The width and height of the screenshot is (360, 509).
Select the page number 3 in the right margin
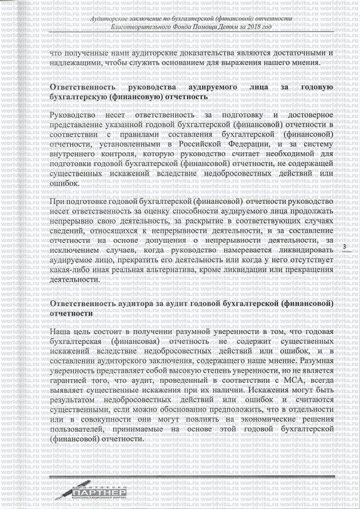[x=343, y=247]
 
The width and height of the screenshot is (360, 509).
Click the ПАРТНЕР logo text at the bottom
[x=99, y=492]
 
